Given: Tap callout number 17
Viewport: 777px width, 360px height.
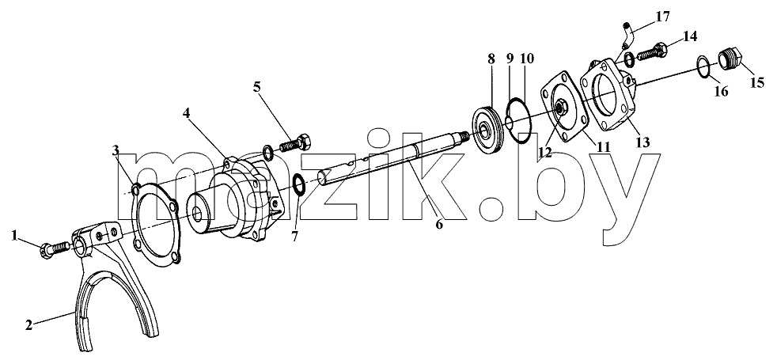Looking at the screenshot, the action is (x=662, y=17).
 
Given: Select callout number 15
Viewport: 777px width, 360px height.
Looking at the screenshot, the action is (x=756, y=83).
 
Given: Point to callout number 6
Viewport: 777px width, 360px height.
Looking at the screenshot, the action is (x=439, y=225).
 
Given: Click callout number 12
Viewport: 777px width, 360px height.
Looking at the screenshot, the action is (x=546, y=153).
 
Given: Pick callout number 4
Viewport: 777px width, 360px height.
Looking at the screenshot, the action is (x=186, y=113).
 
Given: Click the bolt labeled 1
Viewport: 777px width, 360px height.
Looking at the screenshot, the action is (x=56, y=247).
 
